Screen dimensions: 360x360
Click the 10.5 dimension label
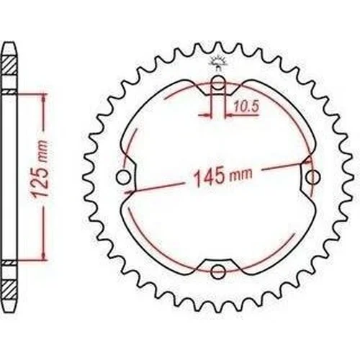(247, 107)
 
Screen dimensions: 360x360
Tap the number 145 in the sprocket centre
(209, 178)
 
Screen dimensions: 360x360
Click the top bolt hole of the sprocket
(218, 82)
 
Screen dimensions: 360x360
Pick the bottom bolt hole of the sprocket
(217, 271)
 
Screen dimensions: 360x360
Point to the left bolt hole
(123, 177)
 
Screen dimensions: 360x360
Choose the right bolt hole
(312, 177)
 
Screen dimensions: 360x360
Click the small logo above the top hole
(218, 63)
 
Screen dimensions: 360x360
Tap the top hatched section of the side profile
(9, 66)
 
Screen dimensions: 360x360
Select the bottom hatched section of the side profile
(9, 291)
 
